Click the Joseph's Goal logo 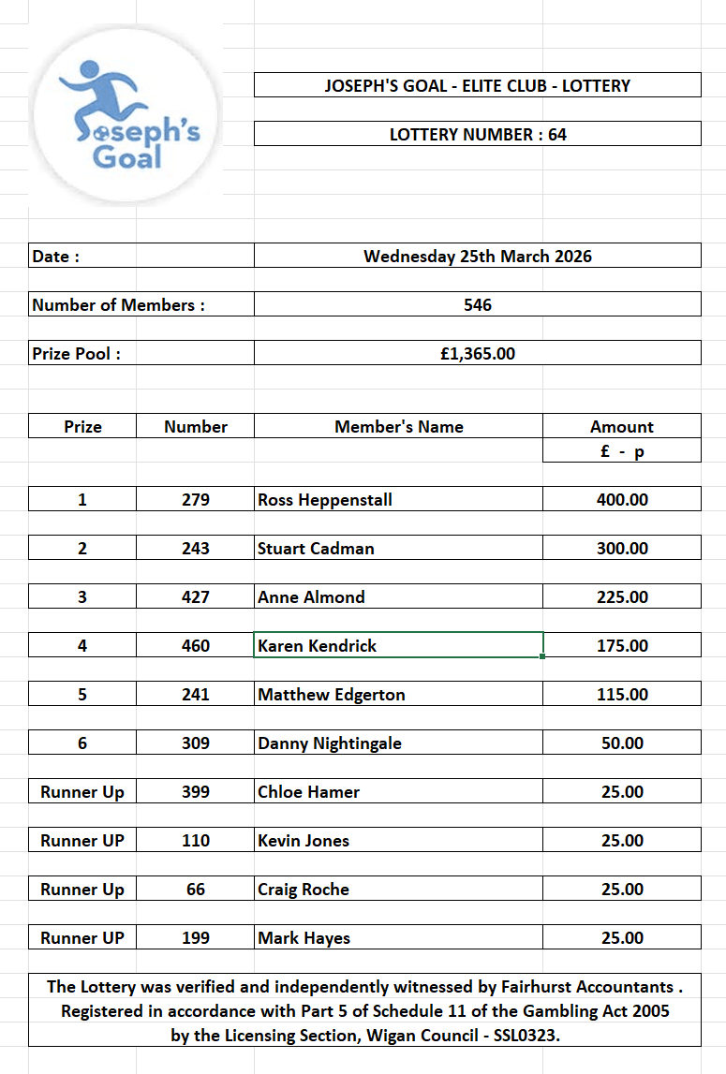click(126, 114)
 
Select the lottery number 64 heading click(478, 134)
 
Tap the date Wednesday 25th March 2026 click(478, 256)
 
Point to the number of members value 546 click(478, 304)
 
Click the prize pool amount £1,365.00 click(478, 353)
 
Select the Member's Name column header click(399, 426)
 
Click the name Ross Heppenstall click(325, 499)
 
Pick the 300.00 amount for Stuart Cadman click(622, 548)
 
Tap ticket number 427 click(196, 596)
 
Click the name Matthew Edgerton click(332, 694)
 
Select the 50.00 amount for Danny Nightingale click(622, 743)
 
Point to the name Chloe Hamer click(309, 791)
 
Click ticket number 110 click(196, 840)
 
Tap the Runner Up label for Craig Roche click(82, 889)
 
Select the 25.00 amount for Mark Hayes click(622, 937)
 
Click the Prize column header click(82, 426)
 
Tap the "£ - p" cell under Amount click(622, 450)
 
